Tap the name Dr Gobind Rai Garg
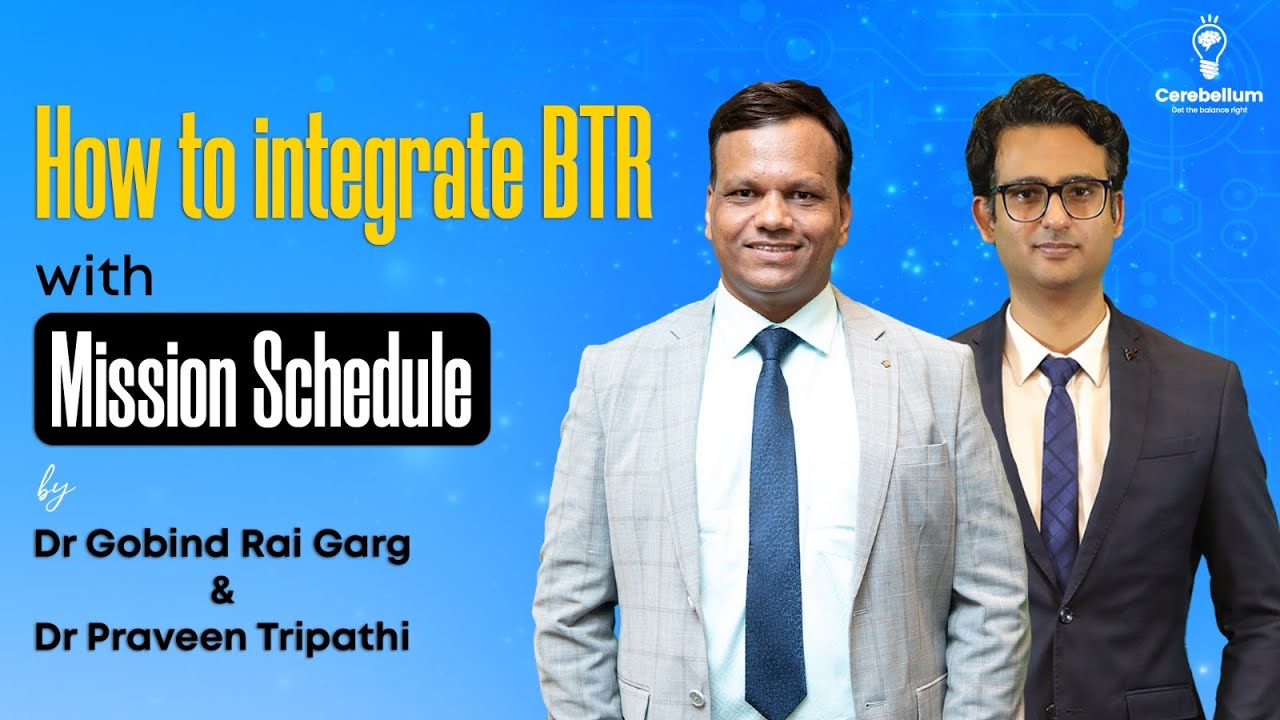pos(222,547)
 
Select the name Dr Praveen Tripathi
pos(222,638)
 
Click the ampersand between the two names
pos(222,593)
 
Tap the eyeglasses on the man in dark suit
pos(1051,199)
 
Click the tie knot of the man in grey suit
pos(774,346)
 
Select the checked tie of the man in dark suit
pos(1059,450)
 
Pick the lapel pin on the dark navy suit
pos(1130,352)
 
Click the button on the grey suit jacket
pos(697,697)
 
